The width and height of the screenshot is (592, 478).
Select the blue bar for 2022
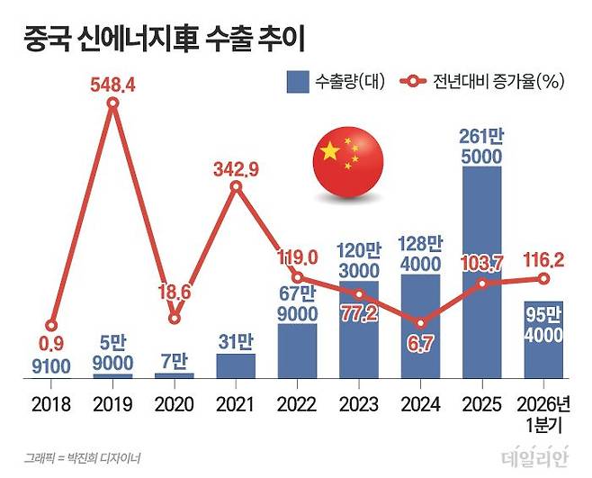(x=297, y=350)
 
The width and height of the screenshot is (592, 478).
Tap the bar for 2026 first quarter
(x=543, y=339)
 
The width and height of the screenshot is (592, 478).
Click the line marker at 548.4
(x=112, y=104)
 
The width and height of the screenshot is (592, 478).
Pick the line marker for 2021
(x=236, y=186)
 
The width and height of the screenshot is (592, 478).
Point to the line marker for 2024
(x=420, y=322)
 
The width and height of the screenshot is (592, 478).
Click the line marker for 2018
(x=51, y=325)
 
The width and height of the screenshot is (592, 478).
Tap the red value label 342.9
(x=237, y=167)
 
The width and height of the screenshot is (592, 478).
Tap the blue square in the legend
(x=298, y=83)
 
